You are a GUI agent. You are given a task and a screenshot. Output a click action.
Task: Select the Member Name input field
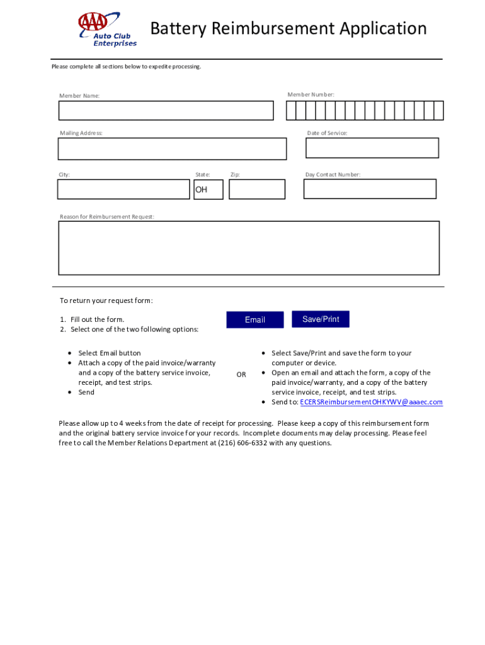pyautogui.click(x=166, y=111)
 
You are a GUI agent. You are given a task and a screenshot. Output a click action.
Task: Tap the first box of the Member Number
pyautogui.click(x=291, y=111)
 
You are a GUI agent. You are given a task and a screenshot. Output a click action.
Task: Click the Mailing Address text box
pyautogui.click(x=172, y=149)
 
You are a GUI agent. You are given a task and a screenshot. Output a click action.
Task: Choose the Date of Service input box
pyautogui.click(x=372, y=148)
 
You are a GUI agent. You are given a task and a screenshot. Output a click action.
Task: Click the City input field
pyautogui.click(x=123, y=189)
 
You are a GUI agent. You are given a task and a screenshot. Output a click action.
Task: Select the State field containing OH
pyautogui.click(x=208, y=189)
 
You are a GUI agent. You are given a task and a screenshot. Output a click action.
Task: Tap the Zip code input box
pyautogui.click(x=257, y=189)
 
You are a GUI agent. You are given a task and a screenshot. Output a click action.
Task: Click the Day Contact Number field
pyautogui.click(x=370, y=189)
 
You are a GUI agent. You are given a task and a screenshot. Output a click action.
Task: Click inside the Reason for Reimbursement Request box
pyautogui.click(x=249, y=248)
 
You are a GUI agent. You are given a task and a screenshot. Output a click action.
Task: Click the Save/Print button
pyautogui.click(x=321, y=319)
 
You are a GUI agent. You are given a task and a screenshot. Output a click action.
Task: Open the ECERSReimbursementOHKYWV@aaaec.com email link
pyautogui.click(x=371, y=402)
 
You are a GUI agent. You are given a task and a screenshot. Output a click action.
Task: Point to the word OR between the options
pyautogui.click(x=241, y=375)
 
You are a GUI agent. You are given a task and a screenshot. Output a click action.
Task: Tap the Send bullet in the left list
pyautogui.click(x=86, y=392)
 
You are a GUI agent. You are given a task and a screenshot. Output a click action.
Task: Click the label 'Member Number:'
pyautogui.click(x=311, y=94)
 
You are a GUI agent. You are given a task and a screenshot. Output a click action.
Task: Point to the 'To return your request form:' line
pyautogui.click(x=106, y=300)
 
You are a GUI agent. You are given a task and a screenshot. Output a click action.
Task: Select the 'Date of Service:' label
pyautogui.click(x=327, y=133)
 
